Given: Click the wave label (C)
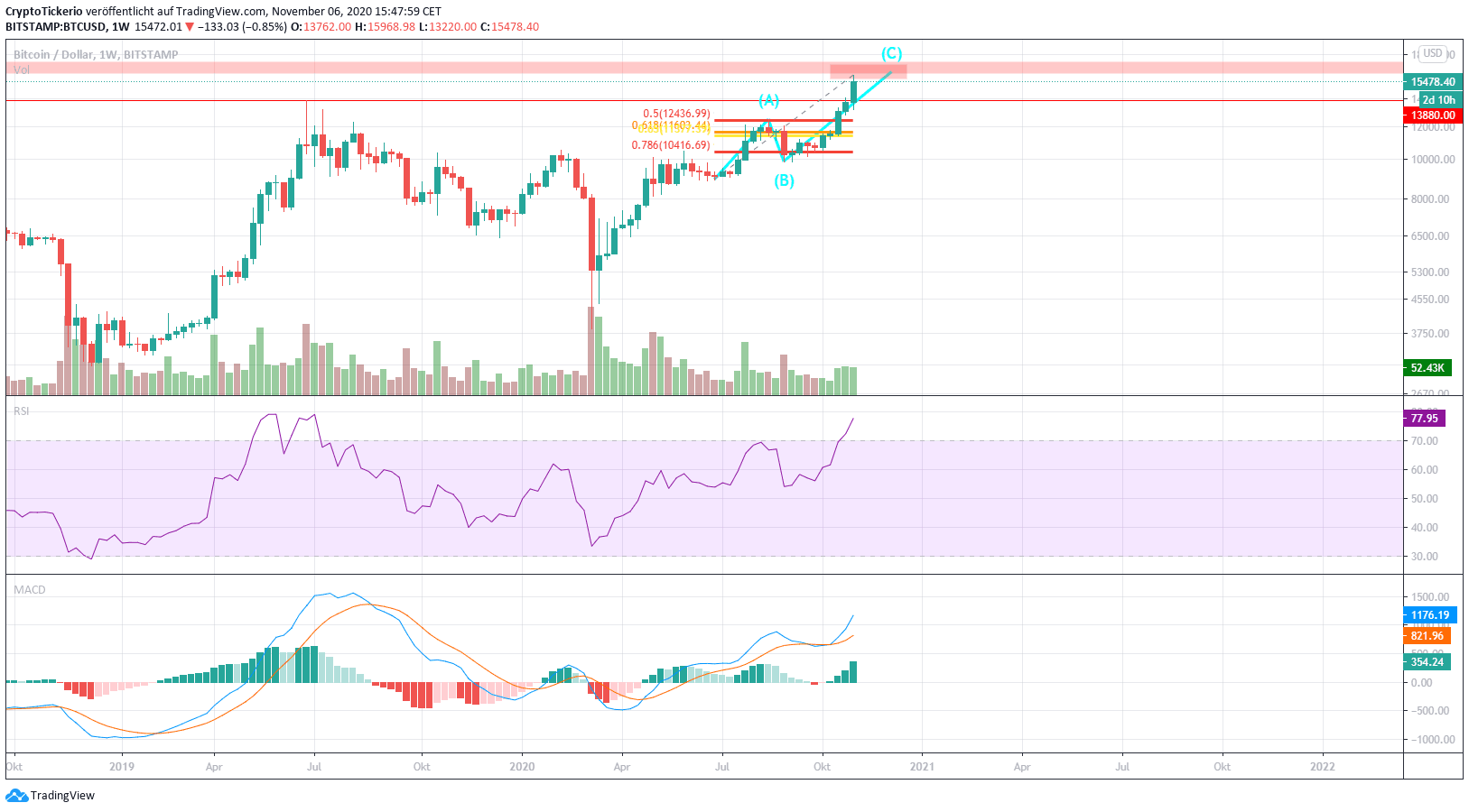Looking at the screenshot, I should click(x=891, y=54).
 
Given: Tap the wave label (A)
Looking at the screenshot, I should click(x=768, y=100).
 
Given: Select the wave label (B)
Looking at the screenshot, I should click(x=784, y=180).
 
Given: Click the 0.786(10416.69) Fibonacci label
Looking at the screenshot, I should click(x=670, y=145).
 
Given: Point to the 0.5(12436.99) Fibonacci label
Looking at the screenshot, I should click(x=676, y=114).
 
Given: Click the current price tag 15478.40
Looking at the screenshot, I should click(x=1433, y=82).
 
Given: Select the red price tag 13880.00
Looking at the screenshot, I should click(x=1433, y=115).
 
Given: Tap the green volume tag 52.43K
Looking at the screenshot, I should click(x=1427, y=368).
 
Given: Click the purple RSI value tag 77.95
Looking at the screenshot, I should click(x=1424, y=419).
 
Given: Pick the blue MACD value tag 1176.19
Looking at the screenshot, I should click(x=1429, y=615).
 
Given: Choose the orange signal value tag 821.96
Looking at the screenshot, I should click(x=1427, y=636).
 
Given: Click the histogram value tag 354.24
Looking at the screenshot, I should click(x=1427, y=662).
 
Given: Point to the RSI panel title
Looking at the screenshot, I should click(x=21, y=411).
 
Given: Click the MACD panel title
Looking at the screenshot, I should click(x=29, y=590).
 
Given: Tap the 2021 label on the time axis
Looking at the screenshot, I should click(x=922, y=767).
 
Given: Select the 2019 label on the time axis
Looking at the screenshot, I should click(x=121, y=767).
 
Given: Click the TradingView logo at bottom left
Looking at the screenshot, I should click(x=51, y=796).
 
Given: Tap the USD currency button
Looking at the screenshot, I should click(x=1432, y=53).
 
